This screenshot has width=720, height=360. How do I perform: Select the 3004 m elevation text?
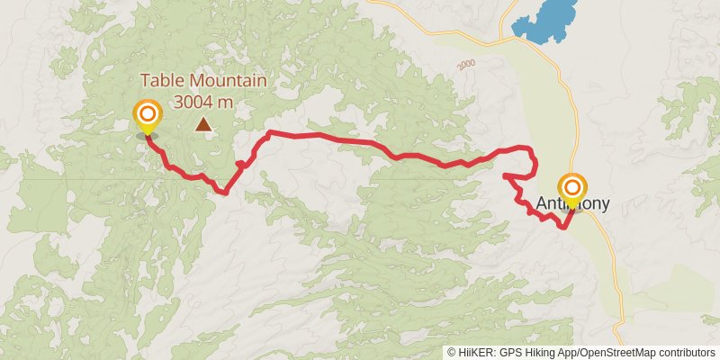coord(203,101)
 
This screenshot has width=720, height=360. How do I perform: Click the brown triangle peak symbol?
coord(205,125)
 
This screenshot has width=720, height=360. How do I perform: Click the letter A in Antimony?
coord(542,204)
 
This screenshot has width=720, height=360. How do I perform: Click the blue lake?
coord(546,25)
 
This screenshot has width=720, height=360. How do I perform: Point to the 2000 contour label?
coord(465,66)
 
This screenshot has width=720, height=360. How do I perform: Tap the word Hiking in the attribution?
coord(549,353)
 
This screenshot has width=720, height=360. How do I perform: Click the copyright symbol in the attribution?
coord(452,353)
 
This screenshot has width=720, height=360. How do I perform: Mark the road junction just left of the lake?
coord(501,40)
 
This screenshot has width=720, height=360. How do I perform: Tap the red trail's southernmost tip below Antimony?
coord(563,227)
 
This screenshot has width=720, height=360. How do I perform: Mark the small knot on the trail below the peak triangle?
coord(241,165)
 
